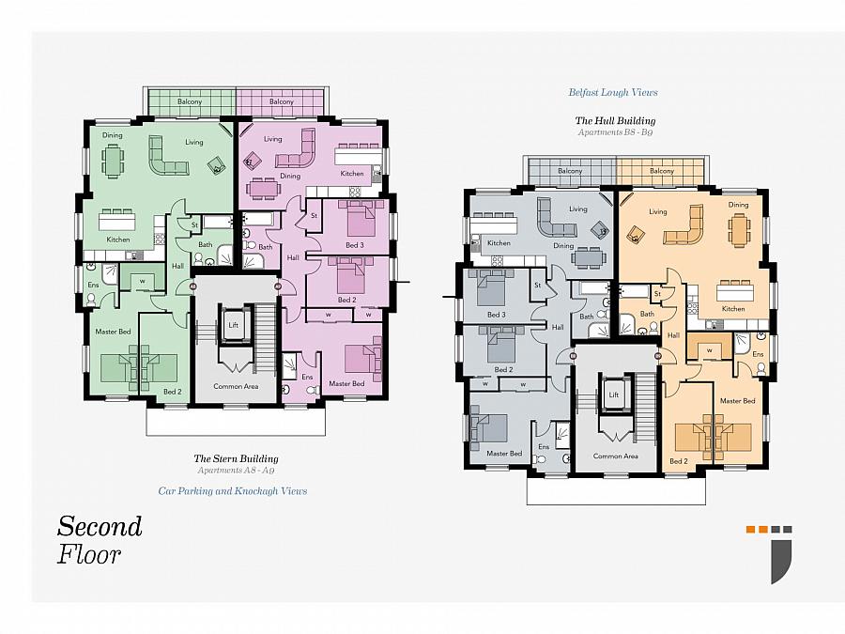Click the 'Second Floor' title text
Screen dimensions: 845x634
100,540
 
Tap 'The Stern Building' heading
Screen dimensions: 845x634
236,458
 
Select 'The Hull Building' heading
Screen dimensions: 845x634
615,121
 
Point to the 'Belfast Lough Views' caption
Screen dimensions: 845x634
613,92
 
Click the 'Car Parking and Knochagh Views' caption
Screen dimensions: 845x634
233,491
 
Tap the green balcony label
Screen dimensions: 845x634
190,101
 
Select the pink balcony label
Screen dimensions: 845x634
282,101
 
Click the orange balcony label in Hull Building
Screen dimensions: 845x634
662,171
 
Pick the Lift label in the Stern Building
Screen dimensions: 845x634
234,325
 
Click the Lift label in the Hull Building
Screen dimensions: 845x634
614,394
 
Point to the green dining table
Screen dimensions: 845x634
112,161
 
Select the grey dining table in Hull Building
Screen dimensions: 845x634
588,256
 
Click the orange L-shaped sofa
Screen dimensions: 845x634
684,224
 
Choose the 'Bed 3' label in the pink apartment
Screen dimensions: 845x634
355,245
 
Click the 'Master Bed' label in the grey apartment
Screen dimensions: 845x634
504,454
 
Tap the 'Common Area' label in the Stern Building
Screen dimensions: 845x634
236,386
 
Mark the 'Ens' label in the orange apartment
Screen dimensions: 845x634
758,354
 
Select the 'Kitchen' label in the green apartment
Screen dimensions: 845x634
118,240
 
